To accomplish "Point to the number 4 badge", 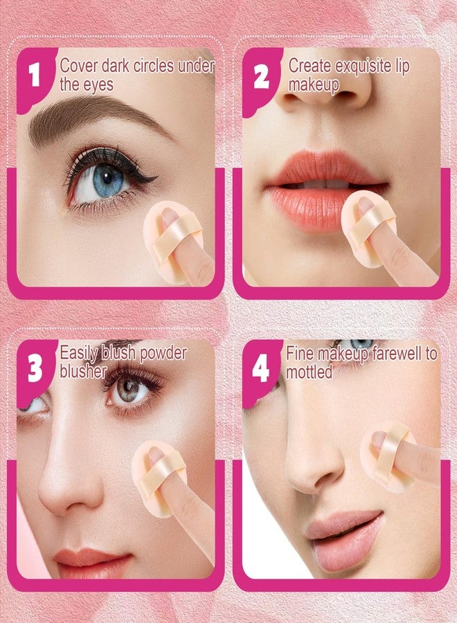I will tap(261, 369).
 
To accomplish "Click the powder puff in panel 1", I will tap(173, 231).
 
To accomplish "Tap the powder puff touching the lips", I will tap(369, 228).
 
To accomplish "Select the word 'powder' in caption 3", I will tap(161, 353).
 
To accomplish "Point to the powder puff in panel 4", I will tap(389, 457).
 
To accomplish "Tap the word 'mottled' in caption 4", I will tap(310, 372).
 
